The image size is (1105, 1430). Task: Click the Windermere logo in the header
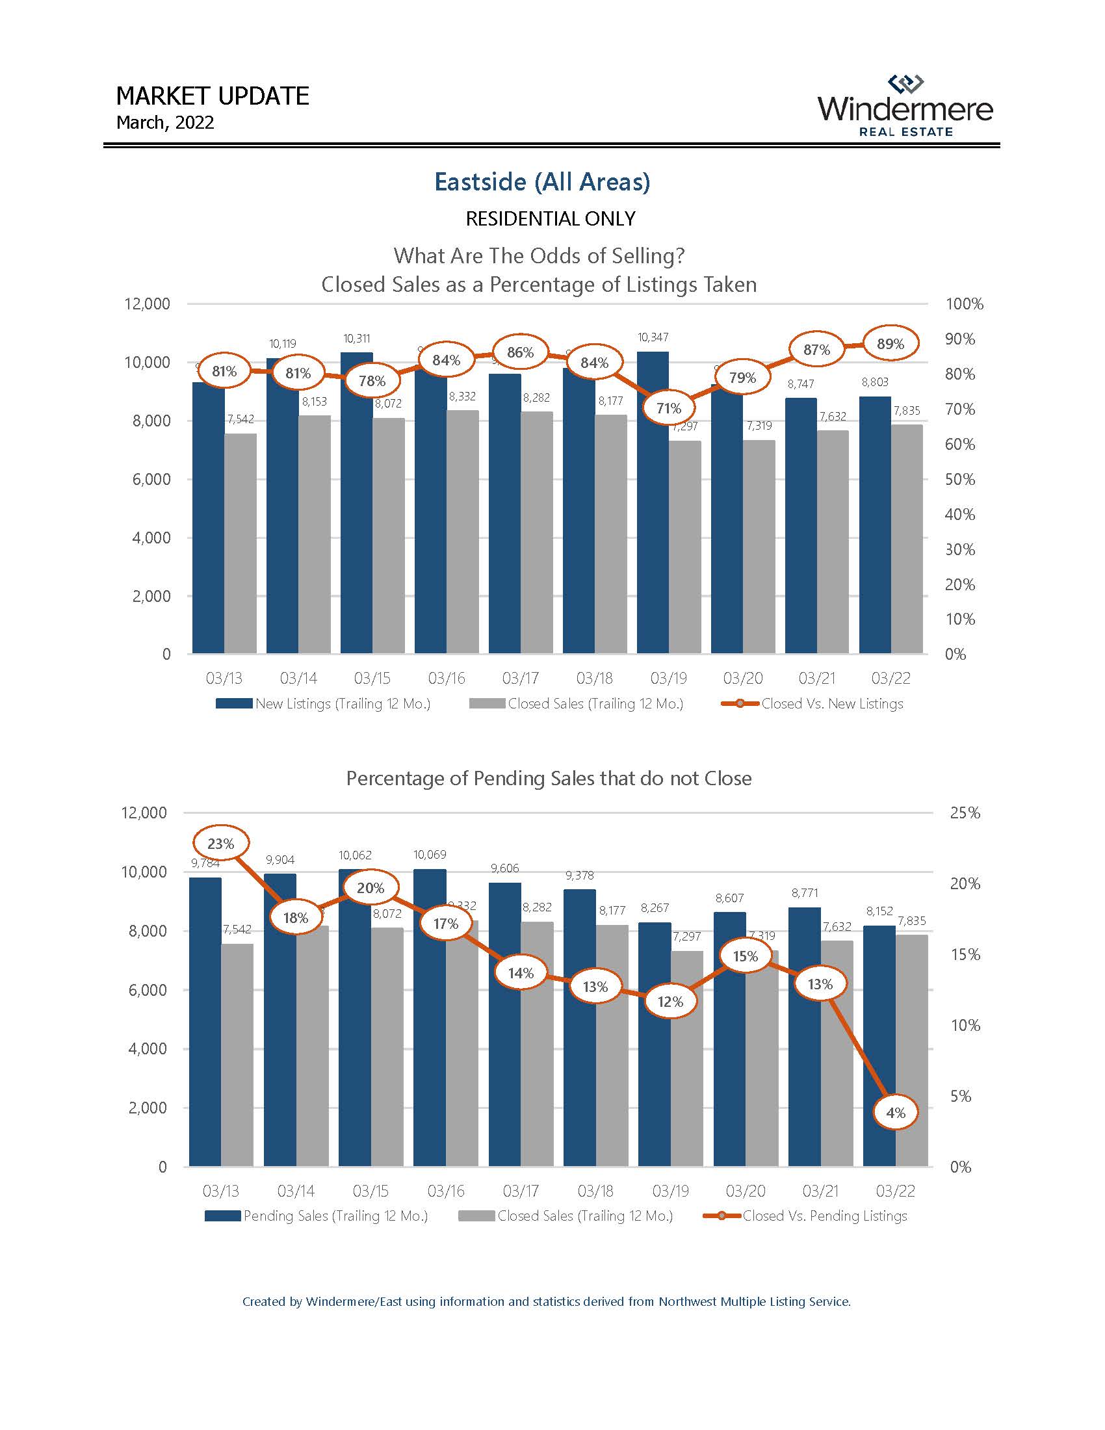(905, 106)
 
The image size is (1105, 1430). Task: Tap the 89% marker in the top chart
(890, 344)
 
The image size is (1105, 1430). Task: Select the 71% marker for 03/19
(668, 408)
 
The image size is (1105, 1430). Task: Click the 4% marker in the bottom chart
(895, 1112)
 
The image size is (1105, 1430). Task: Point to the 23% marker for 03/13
(220, 843)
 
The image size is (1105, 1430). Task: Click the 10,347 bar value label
(653, 337)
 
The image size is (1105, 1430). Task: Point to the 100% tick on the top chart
(964, 304)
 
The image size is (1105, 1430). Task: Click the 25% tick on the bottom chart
(965, 812)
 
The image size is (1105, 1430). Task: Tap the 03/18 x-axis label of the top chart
(594, 679)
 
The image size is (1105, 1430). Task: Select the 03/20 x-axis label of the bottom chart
(745, 1191)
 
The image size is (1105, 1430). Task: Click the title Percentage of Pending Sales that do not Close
(549, 778)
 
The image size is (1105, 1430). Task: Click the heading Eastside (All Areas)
(542, 181)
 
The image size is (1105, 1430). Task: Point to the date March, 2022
(165, 122)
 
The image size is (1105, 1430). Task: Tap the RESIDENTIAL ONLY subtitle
(550, 218)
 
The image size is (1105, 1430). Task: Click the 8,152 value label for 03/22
(879, 911)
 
